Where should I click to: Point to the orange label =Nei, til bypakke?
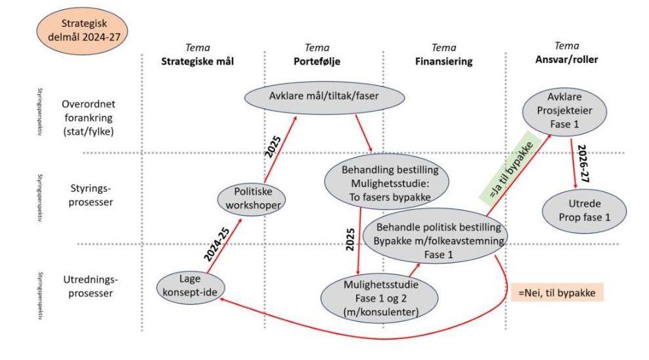pyautogui.click(x=556, y=293)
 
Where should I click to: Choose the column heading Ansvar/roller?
pyautogui.click(x=571, y=57)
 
